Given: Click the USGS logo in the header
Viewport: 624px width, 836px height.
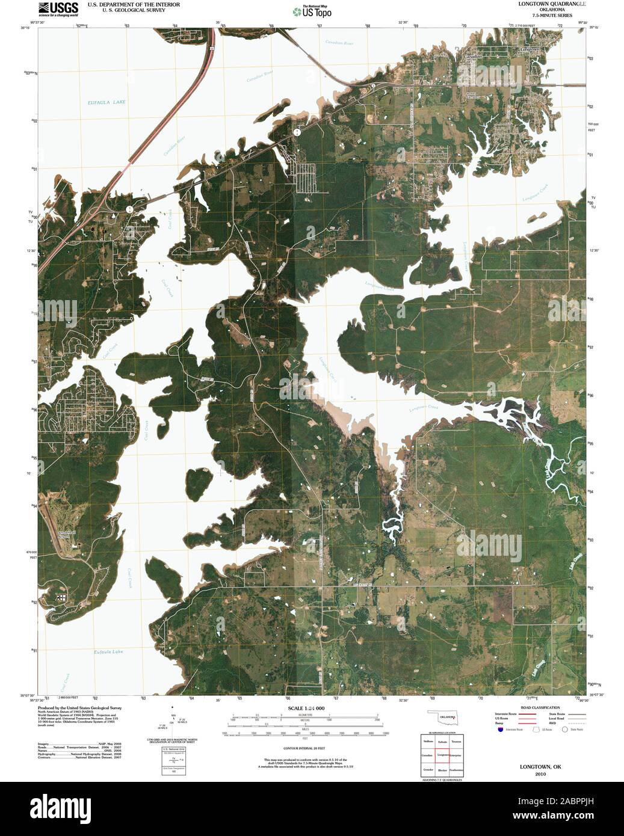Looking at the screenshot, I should click(x=58, y=8).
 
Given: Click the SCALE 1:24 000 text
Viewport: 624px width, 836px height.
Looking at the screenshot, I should click(x=306, y=708).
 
